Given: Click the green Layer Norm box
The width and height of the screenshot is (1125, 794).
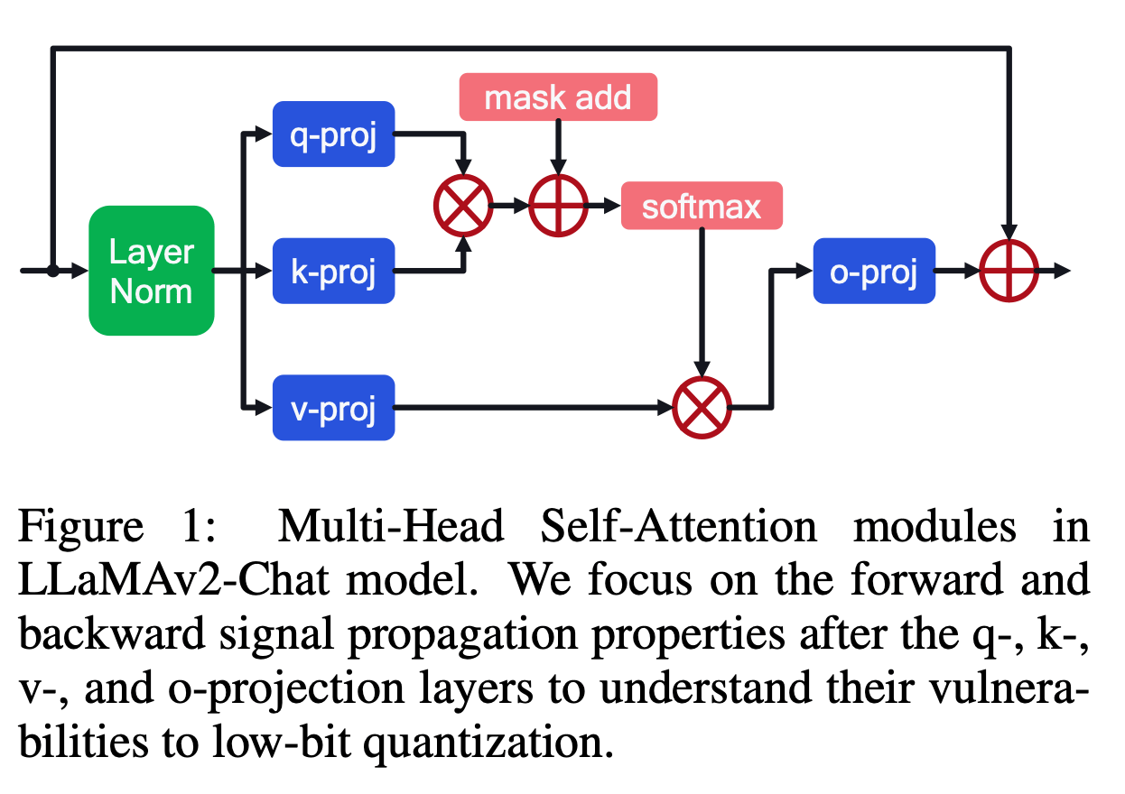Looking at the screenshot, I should click(x=151, y=270).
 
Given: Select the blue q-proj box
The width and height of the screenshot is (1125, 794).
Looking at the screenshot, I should click(x=333, y=134).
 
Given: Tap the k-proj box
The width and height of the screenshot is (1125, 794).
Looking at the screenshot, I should click(x=333, y=270).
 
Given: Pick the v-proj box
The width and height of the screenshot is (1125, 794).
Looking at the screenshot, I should click(x=333, y=407).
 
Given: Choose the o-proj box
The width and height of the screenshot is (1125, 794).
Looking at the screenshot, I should click(x=873, y=270).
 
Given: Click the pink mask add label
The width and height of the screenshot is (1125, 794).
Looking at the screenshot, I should click(x=558, y=97).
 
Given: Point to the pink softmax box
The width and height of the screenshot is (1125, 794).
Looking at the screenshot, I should click(x=702, y=207).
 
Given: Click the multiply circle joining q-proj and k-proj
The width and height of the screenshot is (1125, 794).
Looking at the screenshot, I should click(x=463, y=206).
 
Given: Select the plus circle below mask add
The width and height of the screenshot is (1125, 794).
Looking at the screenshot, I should click(x=558, y=206).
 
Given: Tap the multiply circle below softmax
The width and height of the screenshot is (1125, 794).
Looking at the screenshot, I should click(x=702, y=407).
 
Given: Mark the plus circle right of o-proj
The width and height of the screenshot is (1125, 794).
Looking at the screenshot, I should click(x=1010, y=270).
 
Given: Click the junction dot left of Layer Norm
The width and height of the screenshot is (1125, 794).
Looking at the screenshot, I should click(x=52, y=270).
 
